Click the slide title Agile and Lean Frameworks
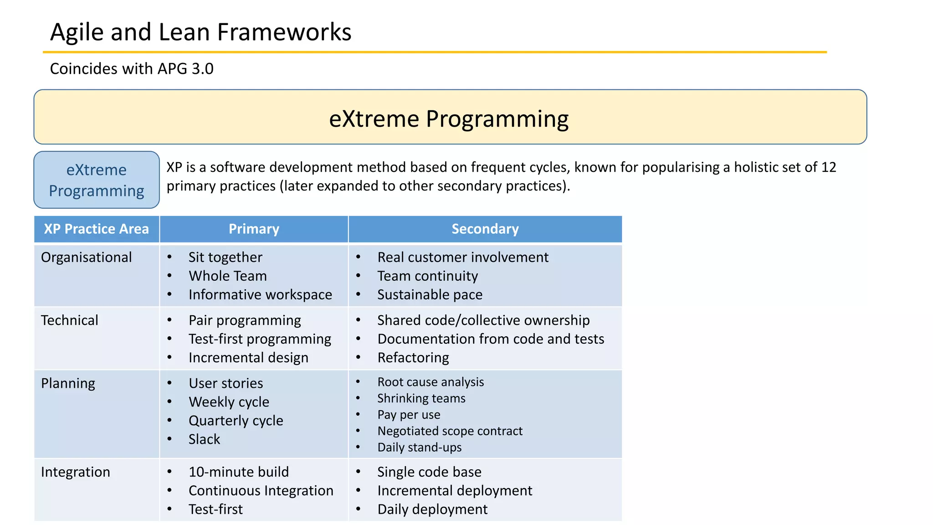(200, 32)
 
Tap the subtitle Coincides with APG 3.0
(132, 69)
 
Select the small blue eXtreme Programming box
(97, 180)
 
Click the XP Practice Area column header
(97, 229)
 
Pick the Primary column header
(254, 229)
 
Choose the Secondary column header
(485, 229)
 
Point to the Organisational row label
(87, 257)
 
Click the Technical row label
(70, 320)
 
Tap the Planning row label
(68, 383)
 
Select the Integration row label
(76, 472)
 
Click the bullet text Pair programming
(245, 320)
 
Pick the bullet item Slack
(204, 439)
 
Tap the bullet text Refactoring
(413, 358)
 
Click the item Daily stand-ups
(420, 448)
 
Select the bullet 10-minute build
(239, 472)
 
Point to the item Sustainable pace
(430, 295)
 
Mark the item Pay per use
(409, 415)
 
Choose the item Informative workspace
(260, 295)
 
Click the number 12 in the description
(829, 167)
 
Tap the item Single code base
(429, 472)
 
